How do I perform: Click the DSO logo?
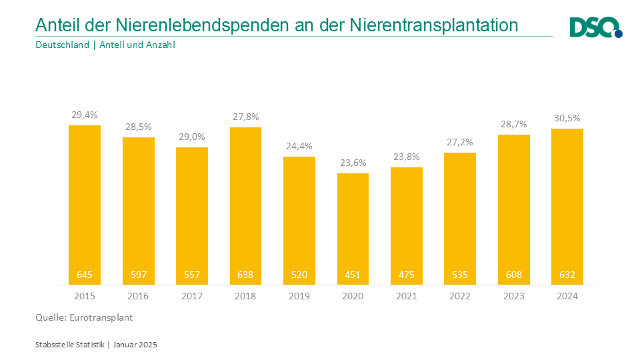click(595, 27)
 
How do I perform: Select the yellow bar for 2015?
click(85, 200)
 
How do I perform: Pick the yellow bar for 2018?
click(245, 200)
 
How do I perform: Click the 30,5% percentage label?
click(567, 118)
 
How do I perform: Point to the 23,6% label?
click(353, 163)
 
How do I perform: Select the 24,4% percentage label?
click(299, 146)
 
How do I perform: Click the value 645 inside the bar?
click(85, 275)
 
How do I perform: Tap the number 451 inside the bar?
click(353, 275)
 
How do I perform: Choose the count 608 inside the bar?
click(513, 275)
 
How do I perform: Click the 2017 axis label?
click(192, 296)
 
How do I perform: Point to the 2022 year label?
click(460, 296)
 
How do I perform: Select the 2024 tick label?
click(567, 296)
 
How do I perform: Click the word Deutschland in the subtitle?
click(62, 45)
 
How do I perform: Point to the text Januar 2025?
click(135, 345)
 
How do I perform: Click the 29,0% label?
click(192, 136)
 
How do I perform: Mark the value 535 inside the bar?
click(460, 275)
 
